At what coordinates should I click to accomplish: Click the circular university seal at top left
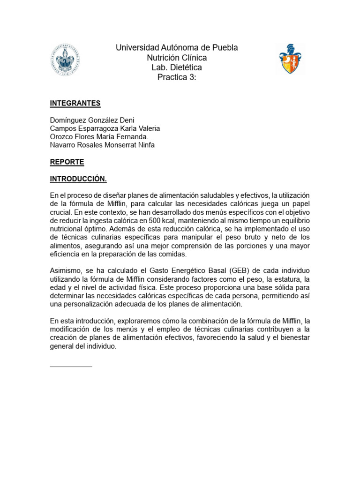(x=65, y=60)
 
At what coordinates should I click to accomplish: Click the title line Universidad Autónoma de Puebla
(x=177, y=48)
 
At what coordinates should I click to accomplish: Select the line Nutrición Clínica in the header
(x=177, y=58)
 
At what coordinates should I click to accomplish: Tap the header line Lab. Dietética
(x=177, y=67)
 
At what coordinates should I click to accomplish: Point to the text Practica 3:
(x=177, y=77)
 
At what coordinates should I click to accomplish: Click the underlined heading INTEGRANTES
(x=75, y=103)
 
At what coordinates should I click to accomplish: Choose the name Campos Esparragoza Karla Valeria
(x=105, y=128)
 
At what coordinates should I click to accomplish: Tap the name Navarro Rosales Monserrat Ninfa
(x=102, y=145)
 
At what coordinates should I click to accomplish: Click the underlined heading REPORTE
(x=67, y=162)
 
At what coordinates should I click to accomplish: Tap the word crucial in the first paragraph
(x=61, y=212)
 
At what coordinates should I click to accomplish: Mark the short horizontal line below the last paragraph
(x=71, y=366)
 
